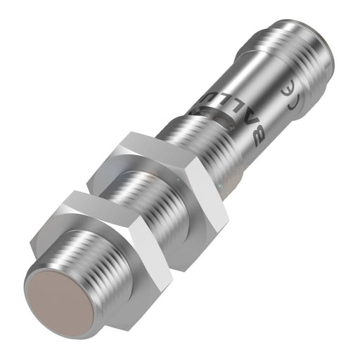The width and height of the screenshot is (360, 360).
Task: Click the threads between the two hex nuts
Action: tap(151, 204)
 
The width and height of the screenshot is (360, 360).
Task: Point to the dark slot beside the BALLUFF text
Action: tap(211, 105)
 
